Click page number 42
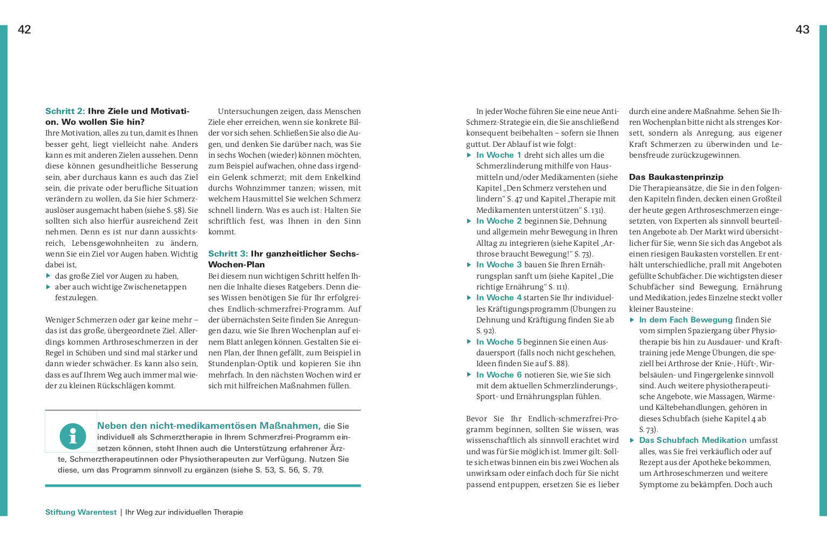[x=24, y=30]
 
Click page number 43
[x=802, y=30]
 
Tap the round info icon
[x=73, y=436]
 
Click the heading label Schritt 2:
[x=65, y=111]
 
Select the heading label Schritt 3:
[x=228, y=254]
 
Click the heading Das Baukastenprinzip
[x=676, y=177]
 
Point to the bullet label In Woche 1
[x=498, y=155]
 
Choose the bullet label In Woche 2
[x=498, y=221]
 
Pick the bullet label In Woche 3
[x=498, y=265]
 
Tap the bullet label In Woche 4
[x=498, y=298]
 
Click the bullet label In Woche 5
[x=498, y=342]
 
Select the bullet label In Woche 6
[x=498, y=375]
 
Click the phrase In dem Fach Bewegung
[x=686, y=320]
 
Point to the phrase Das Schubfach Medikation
[x=693, y=440]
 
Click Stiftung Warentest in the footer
[x=81, y=512]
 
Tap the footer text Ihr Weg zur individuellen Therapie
[x=184, y=512]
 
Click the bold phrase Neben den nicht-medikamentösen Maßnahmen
[x=209, y=426]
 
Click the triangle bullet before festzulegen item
[x=49, y=287]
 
